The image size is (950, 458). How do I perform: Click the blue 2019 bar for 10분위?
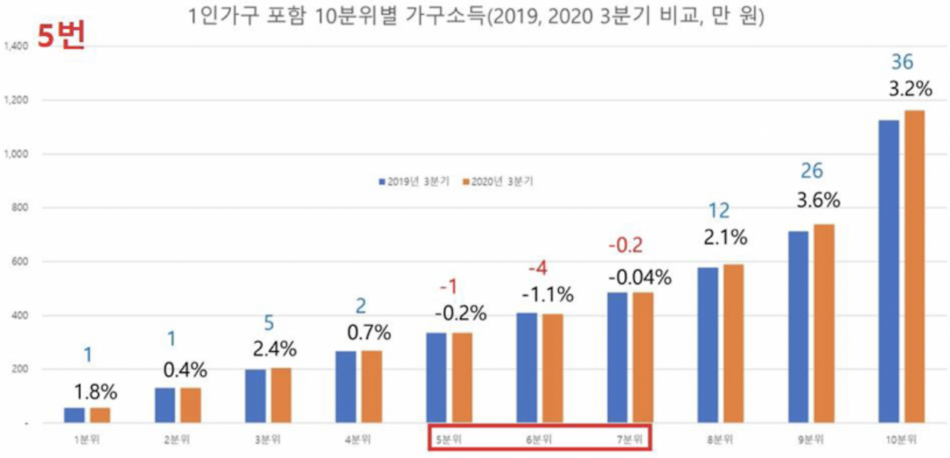point(888,272)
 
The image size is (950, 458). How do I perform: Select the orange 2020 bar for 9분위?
point(825,324)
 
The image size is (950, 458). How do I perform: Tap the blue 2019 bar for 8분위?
point(707,345)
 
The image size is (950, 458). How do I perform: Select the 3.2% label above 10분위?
point(910,90)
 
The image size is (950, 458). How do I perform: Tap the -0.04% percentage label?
point(640,278)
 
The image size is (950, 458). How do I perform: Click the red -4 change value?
point(537,268)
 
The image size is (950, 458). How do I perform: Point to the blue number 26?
point(812,171)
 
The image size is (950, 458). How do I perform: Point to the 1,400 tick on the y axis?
point(16,46)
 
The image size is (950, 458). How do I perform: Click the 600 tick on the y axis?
point(19,261)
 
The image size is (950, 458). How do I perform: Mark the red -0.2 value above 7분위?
point(625,244)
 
